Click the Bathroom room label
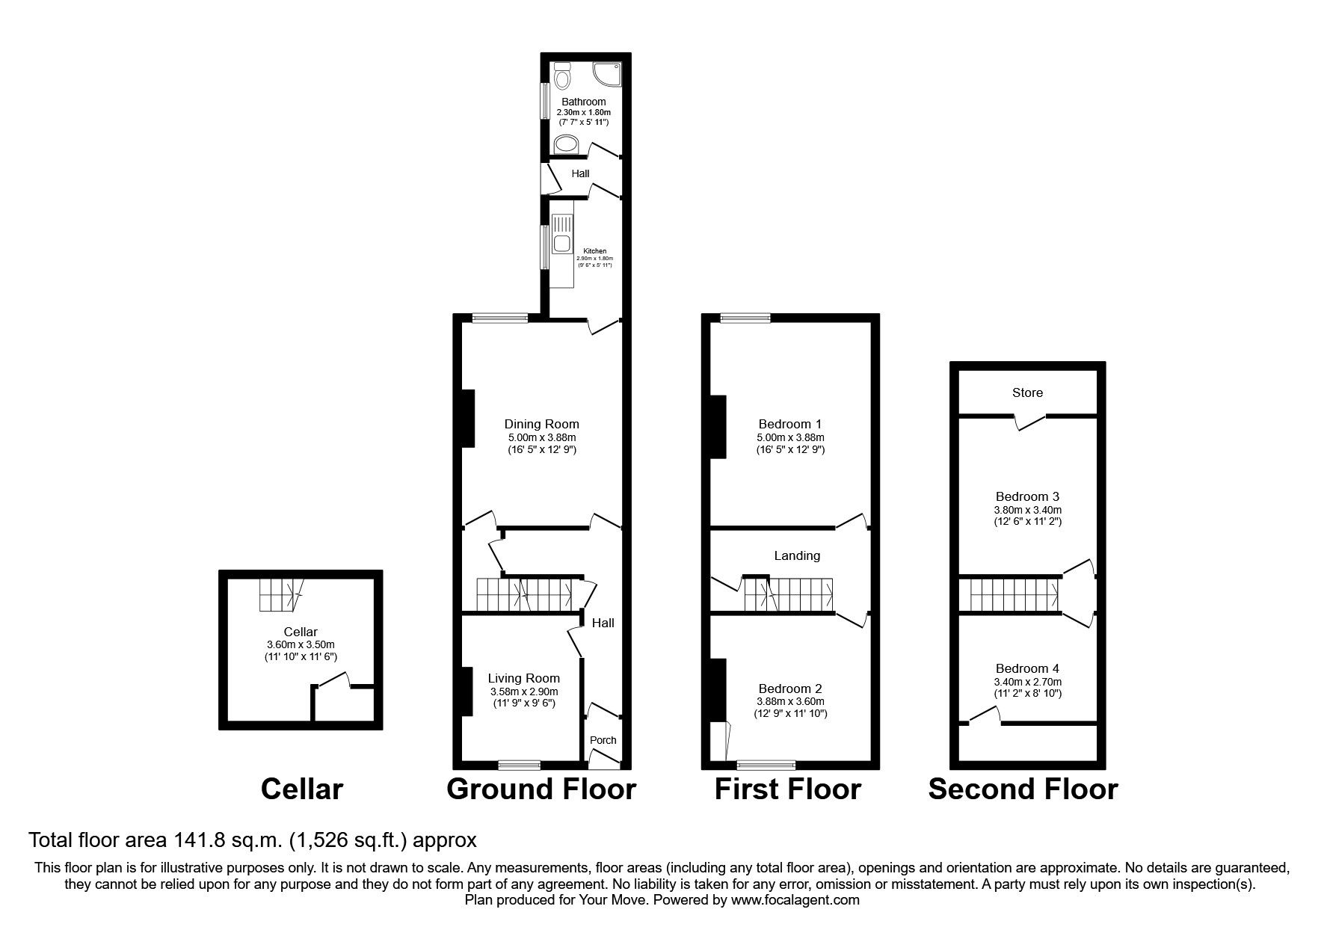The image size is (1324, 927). tap(584, 102)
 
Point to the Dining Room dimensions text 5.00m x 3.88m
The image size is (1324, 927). tap(541, 437)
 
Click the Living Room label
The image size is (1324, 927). tap(523, 678)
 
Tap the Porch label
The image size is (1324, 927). tap(603, 740)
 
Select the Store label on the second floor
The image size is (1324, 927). tap(1027, 392)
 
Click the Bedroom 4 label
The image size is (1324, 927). tap(1027, 668)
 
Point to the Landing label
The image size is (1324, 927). tap(797, 555)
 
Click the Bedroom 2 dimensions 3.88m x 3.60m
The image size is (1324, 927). tap(790, 701)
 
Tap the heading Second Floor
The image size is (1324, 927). tap(1023, 789)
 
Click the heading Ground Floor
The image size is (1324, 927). tap(541, 789)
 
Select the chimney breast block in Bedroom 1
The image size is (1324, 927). tap(718, 426)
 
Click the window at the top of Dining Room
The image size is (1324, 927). tap(499, 318)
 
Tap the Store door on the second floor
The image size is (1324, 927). tap(1030, 422)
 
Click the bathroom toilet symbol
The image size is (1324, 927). tap(563, 76)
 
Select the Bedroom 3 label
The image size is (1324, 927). tap(1027, 496)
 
